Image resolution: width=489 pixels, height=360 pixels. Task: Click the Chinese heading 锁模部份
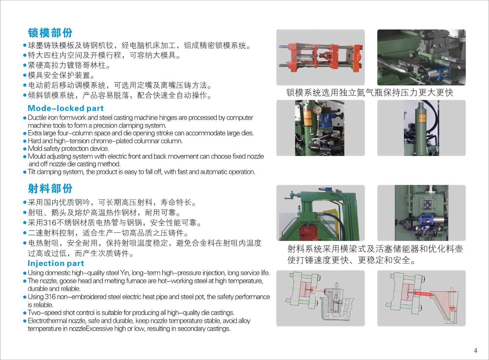[x=50, y=33]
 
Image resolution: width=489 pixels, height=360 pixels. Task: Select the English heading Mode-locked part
[x=66, y=108]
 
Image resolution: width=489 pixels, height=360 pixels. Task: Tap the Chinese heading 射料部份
[x=50, y=188]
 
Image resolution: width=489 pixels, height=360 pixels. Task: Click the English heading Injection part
[x=56, y=264]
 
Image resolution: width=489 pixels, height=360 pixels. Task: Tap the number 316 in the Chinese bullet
[x=50, y=223]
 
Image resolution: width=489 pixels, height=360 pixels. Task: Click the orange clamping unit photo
[x=321, y=57]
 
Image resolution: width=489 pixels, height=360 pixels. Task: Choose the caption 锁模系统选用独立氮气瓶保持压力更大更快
[x=370, y=93]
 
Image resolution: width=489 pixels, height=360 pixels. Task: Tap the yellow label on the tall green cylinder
[x=422, y=118]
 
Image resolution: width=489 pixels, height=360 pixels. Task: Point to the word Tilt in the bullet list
[x=31, y=172]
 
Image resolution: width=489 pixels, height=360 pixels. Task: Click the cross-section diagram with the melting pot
[x=321, y=298]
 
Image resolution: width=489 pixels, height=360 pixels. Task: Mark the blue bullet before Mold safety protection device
[x=25, y=149]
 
